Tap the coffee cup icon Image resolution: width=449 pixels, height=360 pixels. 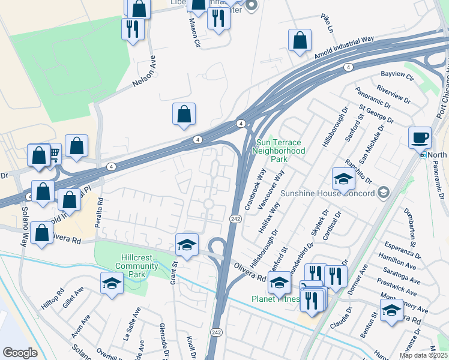pos(420,137)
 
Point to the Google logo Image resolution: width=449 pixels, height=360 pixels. pos(20,353)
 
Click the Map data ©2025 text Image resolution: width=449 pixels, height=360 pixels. pos(423,355)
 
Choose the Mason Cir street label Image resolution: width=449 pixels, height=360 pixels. pos(194,31)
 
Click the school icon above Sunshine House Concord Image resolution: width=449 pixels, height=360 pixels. pos(343,179)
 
